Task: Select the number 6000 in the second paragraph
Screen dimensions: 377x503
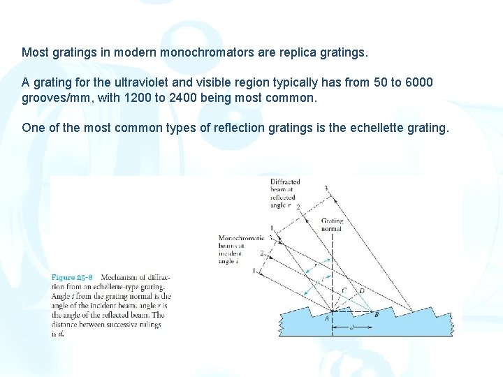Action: click(418, 82)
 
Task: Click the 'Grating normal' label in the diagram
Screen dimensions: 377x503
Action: click(332, 224)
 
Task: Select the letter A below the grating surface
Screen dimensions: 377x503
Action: click(326, 318)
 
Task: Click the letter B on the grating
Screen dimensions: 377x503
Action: click(377, 314)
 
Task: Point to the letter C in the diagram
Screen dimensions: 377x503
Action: click(344, 290)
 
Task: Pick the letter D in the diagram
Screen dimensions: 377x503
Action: click(360, 290)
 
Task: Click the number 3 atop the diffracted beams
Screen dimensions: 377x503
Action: click(325, 187)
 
